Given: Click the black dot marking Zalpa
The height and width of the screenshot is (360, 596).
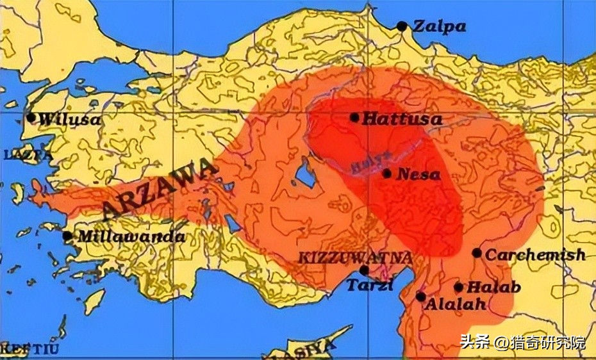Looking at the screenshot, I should coord(402,26).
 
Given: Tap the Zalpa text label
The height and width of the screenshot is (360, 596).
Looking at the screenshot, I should coord(439,27).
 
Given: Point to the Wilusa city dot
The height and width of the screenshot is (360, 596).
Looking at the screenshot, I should coord(31,118).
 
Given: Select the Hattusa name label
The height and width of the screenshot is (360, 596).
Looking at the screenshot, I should coord(402,119).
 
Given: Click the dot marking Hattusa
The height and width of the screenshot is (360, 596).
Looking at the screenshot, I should coord(354,117).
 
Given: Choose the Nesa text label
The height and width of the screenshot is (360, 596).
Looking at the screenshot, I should coord(419,174).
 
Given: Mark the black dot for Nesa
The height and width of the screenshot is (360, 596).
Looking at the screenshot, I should coord(387,174).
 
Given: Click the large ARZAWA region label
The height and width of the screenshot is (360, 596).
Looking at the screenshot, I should coord(159,190).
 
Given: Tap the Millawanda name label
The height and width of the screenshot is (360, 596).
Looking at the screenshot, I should coord(131,236).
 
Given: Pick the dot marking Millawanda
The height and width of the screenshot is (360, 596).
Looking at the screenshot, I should coord(67,236).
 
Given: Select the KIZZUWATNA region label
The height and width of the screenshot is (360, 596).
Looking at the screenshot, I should coord(354,258).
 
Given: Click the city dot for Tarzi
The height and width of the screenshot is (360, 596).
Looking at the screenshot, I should coord(364,271).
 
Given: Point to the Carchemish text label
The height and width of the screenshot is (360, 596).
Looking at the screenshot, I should coord(535,254).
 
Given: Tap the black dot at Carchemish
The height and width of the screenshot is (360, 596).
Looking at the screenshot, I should coord(477,253).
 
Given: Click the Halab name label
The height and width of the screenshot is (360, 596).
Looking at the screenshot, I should coord(493,288).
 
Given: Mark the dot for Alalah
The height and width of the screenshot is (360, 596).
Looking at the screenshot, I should coord(420,297).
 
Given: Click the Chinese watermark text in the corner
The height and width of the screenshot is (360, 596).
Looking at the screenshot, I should coord(522,342).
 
